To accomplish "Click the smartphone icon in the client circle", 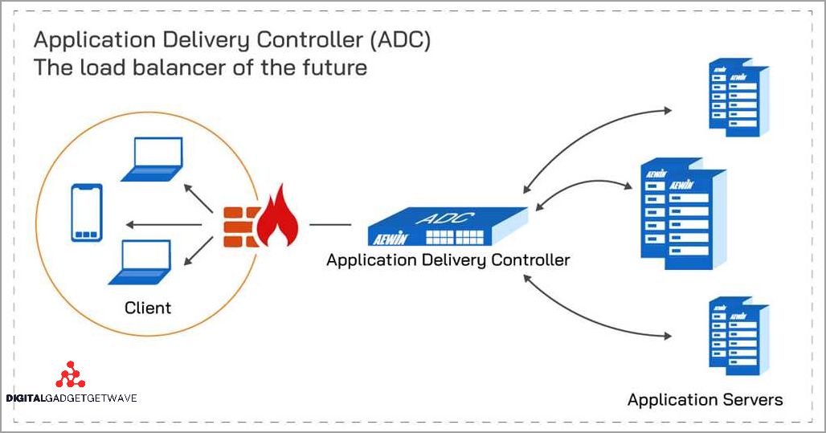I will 86,213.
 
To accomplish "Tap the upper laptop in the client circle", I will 150,159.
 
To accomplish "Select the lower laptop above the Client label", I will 140,262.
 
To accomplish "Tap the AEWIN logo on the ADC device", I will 391,237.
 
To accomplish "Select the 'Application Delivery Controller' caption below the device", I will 448,260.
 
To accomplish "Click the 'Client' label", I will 148,308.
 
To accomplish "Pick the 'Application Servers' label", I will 705,399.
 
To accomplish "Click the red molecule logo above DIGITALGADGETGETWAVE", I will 70,375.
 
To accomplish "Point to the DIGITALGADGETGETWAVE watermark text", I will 72,398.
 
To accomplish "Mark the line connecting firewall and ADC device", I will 330,226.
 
